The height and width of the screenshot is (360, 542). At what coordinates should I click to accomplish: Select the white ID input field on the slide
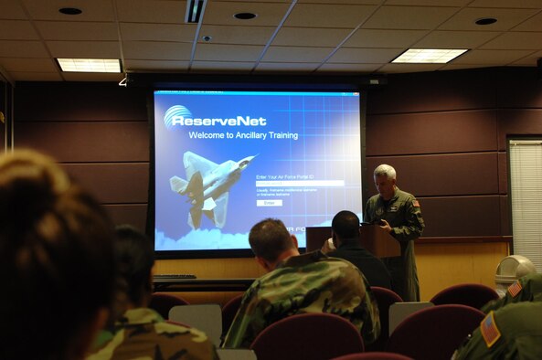point(299,183)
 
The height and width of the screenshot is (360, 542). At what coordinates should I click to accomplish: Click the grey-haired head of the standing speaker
point(385,175)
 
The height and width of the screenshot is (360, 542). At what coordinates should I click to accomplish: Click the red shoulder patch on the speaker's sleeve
point(415,204)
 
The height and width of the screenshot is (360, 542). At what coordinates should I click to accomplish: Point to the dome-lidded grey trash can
point(513,270)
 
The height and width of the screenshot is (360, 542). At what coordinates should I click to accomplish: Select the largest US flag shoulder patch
point(491,329)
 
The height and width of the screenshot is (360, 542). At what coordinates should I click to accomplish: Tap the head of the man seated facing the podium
point(345,226)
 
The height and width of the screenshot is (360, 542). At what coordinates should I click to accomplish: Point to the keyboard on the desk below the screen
point(174,277)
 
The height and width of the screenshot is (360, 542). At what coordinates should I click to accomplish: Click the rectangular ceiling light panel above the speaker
point(430,56)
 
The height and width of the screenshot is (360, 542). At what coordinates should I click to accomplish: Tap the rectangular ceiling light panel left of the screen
point(89,65)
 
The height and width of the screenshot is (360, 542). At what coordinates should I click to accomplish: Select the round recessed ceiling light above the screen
point(244,16)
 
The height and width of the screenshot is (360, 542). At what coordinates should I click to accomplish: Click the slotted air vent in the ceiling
point(195,10)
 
